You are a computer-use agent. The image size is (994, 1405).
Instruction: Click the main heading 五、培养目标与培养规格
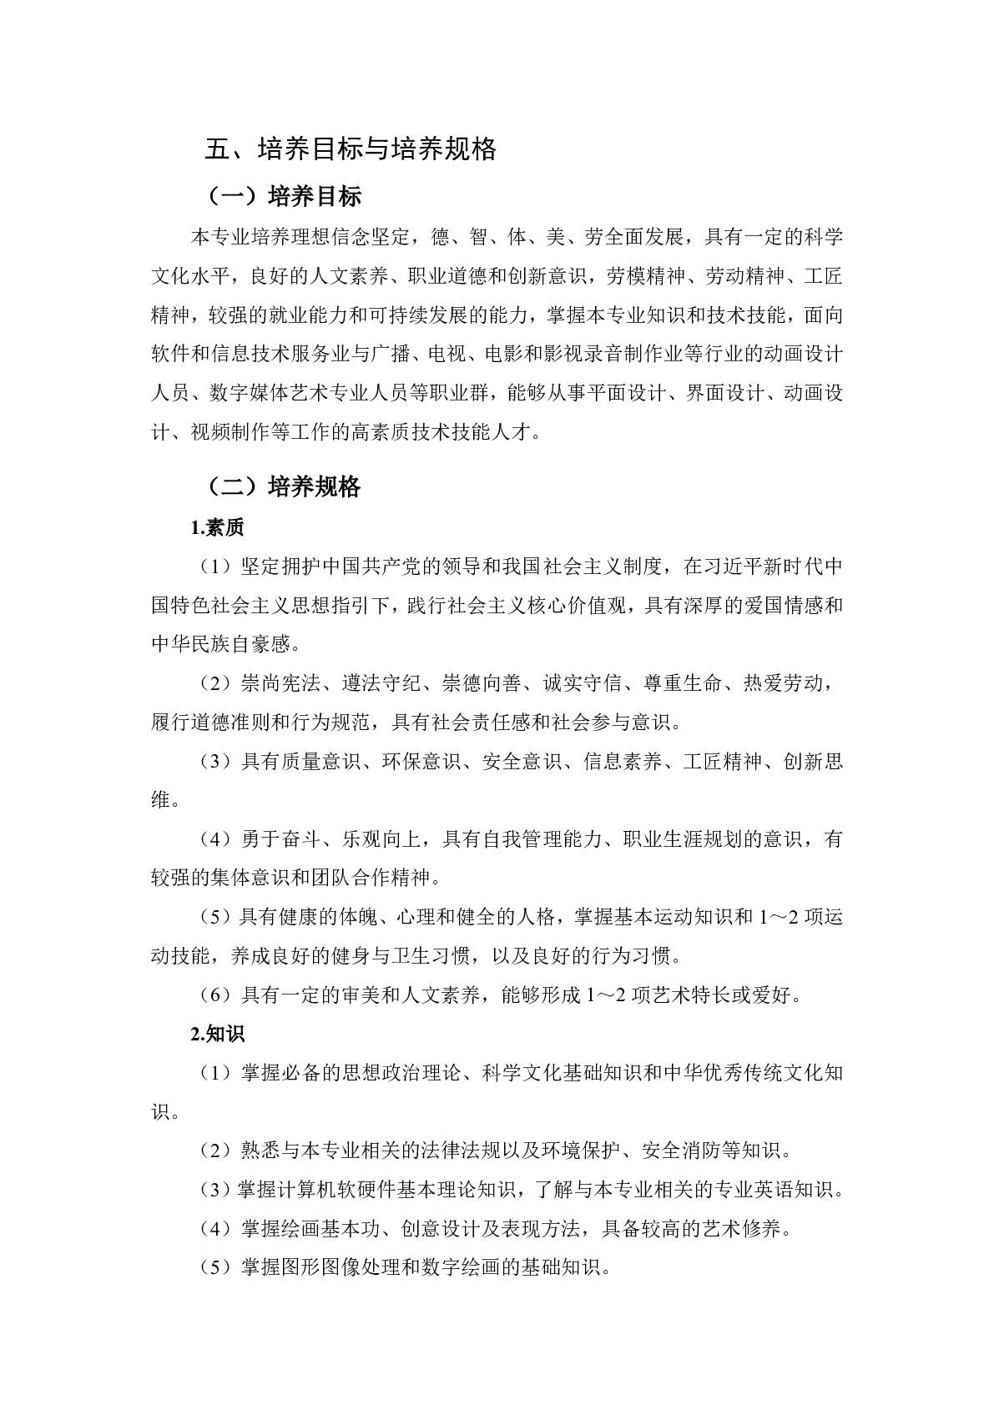pyautogui.click(x=351, y=149)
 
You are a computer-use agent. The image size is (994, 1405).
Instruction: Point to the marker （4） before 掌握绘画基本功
pyautogui.click(x=214, y=1229)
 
